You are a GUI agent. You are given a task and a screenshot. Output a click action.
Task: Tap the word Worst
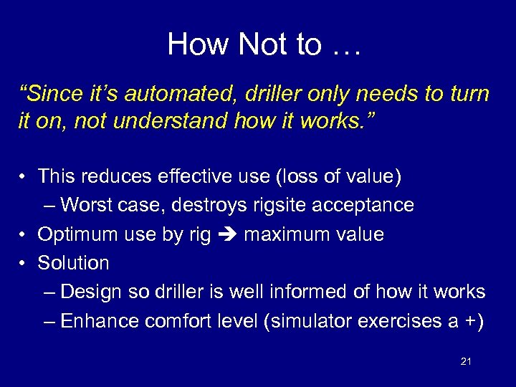pyautogui.click(x=87, y=205)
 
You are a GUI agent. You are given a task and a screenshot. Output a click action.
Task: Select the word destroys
pyautogui.click(x=214, y=205)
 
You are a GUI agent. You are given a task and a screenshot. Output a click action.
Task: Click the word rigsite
pyautogui.click(x=285, y=205)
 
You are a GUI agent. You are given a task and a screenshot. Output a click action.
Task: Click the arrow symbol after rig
pyautogui.click(x=228, y=234)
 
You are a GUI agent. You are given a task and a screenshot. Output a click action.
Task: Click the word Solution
pyautogui.click(x=73, y=263)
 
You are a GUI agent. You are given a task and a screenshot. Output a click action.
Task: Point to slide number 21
pyautogui.click(x=466, y=362)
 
